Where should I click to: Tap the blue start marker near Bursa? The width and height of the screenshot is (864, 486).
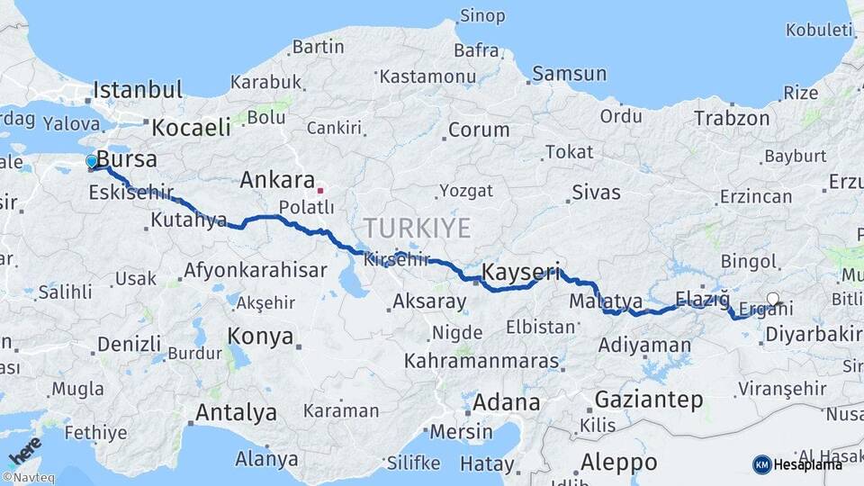tap(92, 162)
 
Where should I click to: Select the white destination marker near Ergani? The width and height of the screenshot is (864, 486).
tap(773, 299)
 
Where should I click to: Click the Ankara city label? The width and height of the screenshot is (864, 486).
tap(276, 180)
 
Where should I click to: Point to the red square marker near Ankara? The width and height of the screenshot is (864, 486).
tap(319, 191)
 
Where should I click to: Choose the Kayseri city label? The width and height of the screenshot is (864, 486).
tap(521, 272)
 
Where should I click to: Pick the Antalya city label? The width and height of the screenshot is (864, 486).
tap(236, 413)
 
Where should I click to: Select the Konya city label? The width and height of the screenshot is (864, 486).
tap(260, 337)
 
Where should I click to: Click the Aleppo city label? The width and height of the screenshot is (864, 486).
tap(617, 463)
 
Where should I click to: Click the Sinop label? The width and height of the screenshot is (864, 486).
tap(482, 15)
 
